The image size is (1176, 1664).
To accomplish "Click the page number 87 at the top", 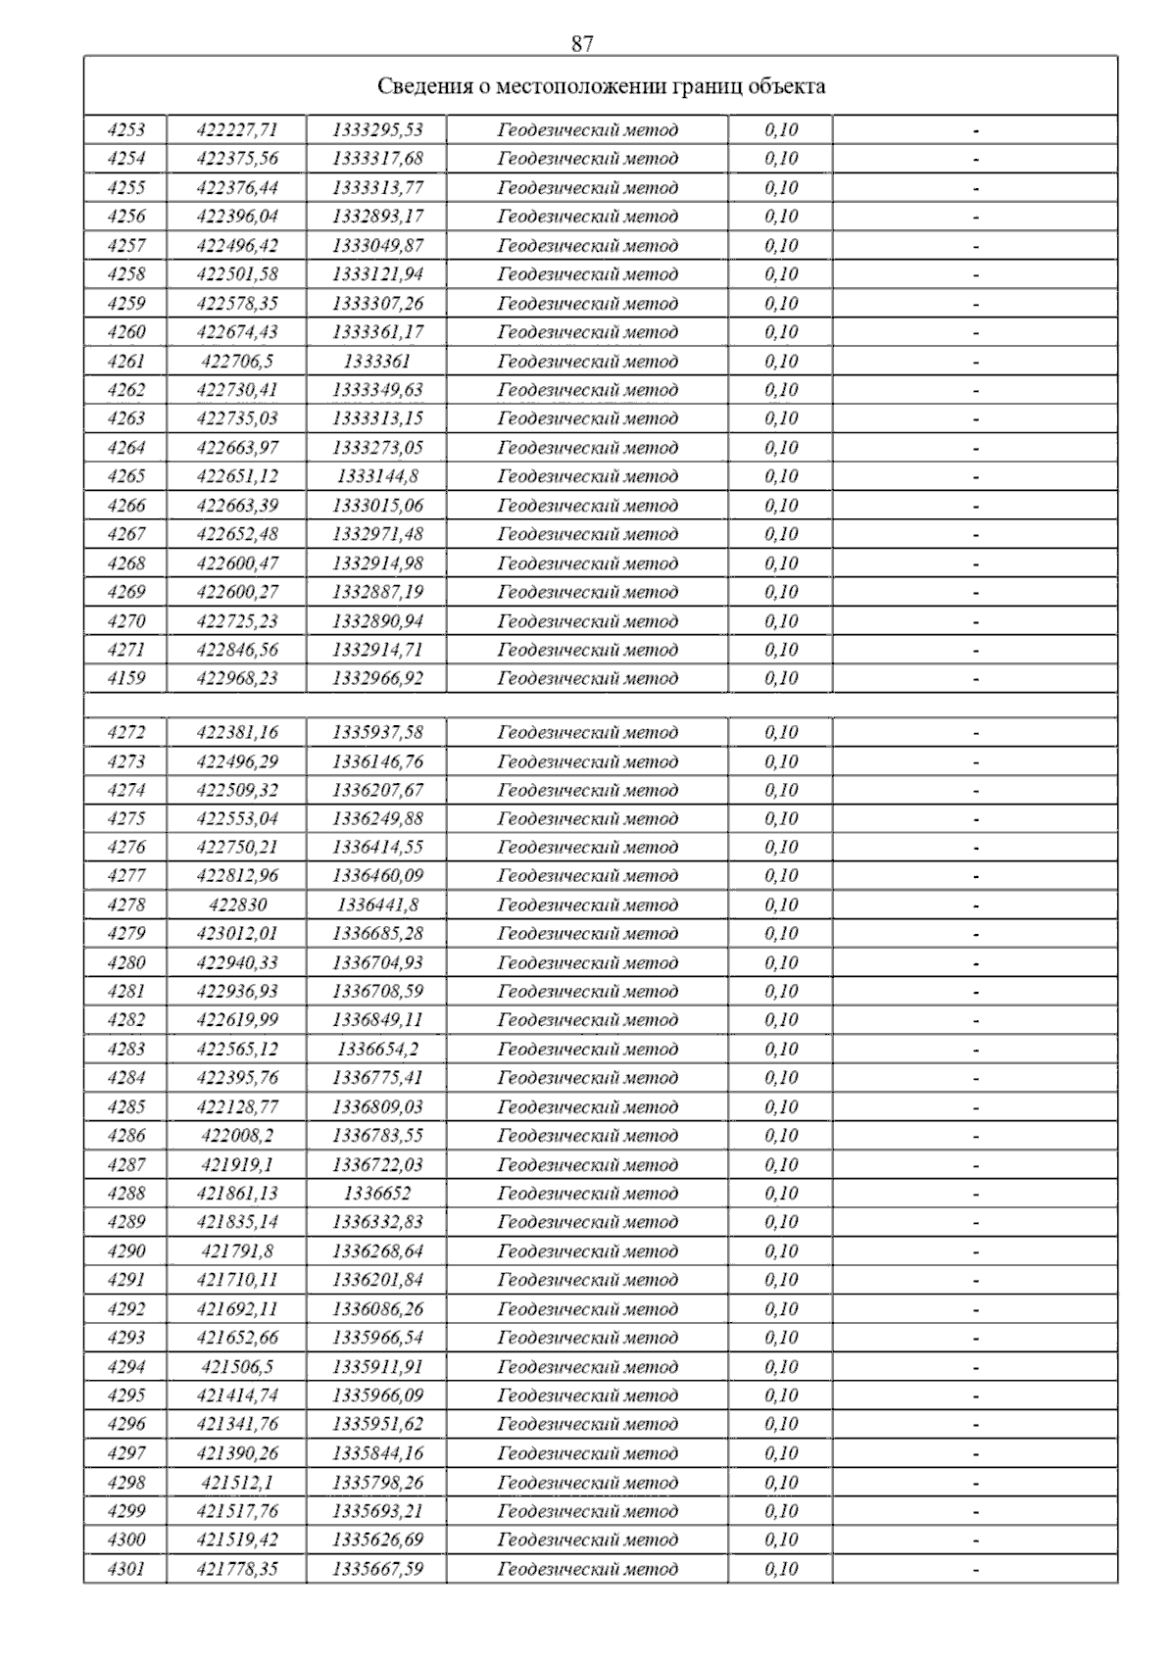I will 581,44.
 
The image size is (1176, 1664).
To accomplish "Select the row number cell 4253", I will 125,130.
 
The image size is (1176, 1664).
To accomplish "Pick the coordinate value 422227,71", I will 237,130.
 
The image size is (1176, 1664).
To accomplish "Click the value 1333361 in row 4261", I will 377,362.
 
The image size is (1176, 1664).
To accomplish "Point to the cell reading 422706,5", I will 237,362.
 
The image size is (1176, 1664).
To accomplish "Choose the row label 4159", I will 125,678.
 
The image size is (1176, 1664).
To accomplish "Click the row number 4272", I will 125,733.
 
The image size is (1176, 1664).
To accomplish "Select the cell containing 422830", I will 237,905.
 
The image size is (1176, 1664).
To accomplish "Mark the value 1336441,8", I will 377,905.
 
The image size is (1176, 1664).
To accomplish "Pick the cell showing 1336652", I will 377,1194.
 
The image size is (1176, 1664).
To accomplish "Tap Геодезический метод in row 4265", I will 587,476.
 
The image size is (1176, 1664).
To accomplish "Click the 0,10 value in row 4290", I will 781,1251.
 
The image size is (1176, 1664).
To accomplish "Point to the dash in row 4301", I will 975,1570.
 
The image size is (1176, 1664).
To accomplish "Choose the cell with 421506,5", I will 237,1367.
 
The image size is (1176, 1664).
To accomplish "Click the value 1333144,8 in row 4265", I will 377,476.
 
